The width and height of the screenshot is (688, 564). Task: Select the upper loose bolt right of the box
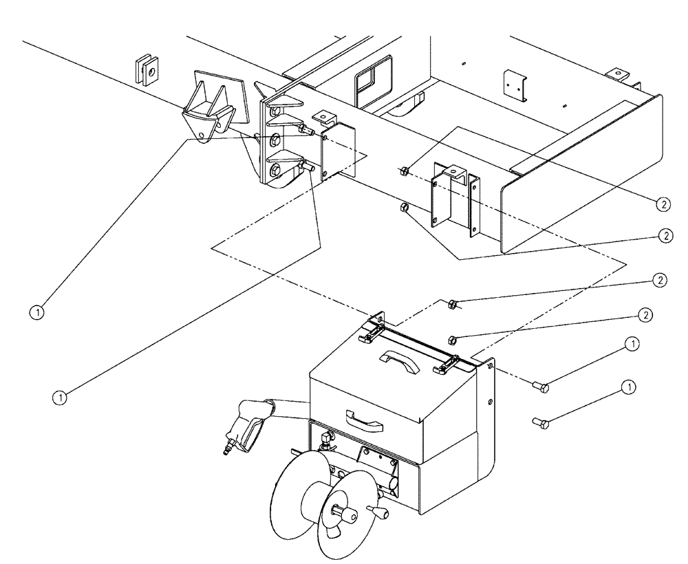tap(539, 388)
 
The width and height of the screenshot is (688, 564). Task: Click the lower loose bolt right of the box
tap(539, 422)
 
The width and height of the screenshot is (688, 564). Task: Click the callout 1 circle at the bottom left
tap(61, 395)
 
